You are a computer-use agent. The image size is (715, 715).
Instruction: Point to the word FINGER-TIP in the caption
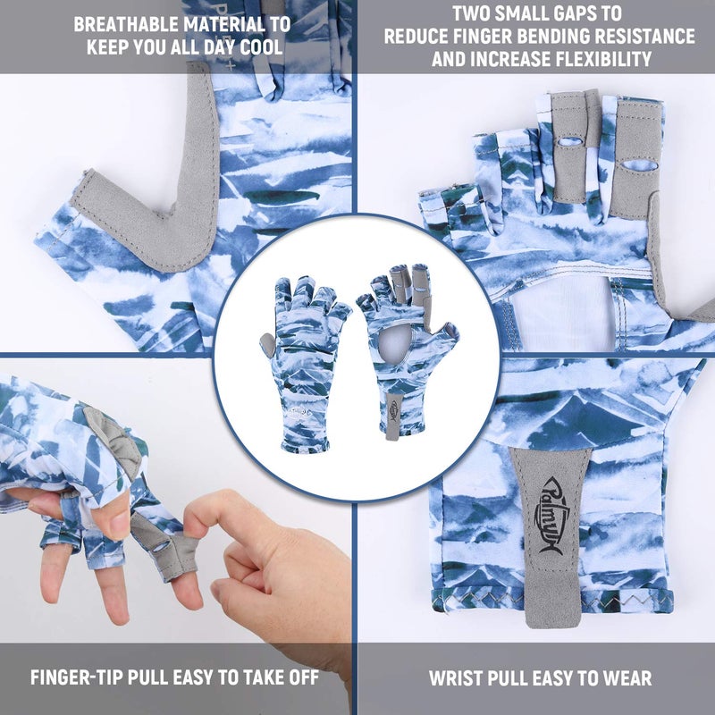click(77, 677)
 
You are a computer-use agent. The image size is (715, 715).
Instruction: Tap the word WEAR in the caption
click(627, 678)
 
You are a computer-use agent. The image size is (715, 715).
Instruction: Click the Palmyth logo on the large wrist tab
click(551, 517)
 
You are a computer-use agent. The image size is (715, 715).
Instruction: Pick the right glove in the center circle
click(407, 351)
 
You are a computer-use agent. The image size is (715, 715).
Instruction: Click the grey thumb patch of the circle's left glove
click(267, 344)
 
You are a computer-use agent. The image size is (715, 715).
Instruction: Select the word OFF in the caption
click(303, 677)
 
